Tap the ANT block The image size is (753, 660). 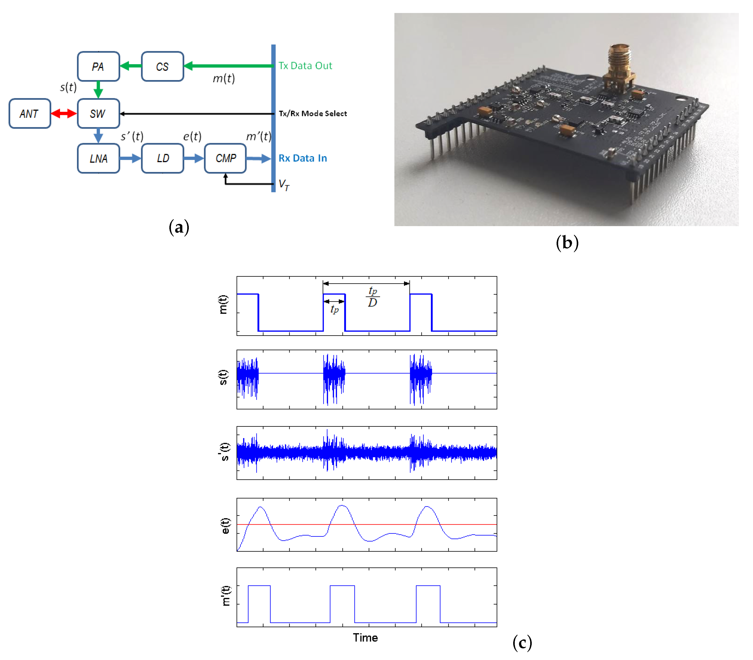click(30, 113)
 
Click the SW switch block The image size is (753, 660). click(98, 113)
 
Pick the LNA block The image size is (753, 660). click(98, 158)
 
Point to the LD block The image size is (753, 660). click(162, 158)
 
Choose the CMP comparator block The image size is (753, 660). click(225, 158)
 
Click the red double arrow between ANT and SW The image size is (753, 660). click(64, 113)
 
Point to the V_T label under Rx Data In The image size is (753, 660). click(284, 185)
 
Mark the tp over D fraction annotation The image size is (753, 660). click(373, 297)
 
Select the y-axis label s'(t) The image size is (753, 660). click(224, 452)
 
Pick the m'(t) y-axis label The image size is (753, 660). click(225, 596)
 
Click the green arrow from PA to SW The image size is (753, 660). click(98, 89)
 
